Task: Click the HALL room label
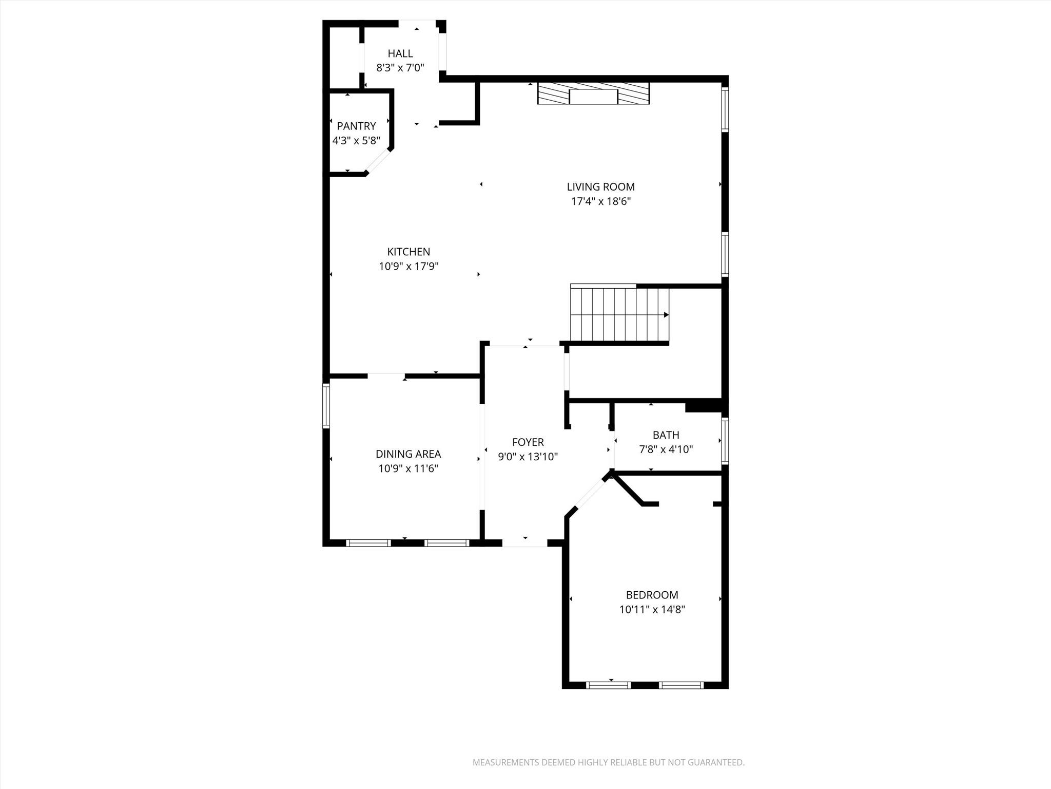click(x=400, y=53)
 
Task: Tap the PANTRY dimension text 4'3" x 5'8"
click(x=356, y=140)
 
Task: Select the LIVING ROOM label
click(x=600, y=187)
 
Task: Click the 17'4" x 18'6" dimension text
click(x=600, y=201)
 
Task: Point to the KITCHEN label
click(x=408, y=252)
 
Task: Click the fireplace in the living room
click(x=593, y=93)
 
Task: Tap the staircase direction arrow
click(x=666, y=315)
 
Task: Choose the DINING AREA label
click(x=408, y=454)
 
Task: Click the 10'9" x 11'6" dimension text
click(x=408, y=468)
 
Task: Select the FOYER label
click(x=528, y=442)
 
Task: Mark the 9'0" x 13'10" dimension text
click(x=528, y=457)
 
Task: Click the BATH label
click(x=666, y=435)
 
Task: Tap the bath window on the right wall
click(x=725, y=441)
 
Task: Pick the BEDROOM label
click(x=652, y=595)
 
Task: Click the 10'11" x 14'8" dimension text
click(x=652, y=610)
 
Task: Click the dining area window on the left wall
click(x=326, y=406)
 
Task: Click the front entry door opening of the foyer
click(x=524, y=543)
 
